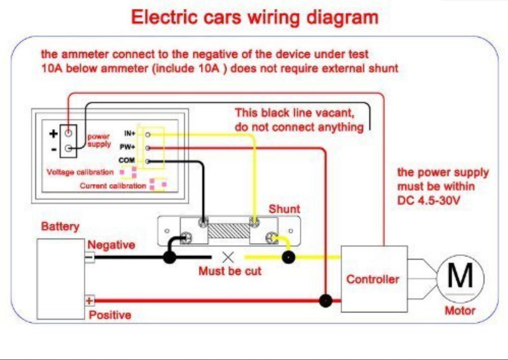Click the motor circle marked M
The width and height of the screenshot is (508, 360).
[x=460, y=277]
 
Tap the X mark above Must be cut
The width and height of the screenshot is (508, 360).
[x=228, y=257]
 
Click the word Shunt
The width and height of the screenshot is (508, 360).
[x=284, y=209]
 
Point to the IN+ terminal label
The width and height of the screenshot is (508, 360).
[x=129, y=134]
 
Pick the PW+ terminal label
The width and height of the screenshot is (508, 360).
[x=128, y=147]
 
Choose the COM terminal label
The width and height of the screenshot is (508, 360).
[x=127, y=161]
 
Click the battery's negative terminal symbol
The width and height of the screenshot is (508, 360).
[x=89, y=257]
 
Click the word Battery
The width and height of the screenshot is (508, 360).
[x=60, y=227]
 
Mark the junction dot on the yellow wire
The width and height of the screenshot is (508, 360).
[x=288, y=257]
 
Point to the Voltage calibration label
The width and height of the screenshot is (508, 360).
[x=80, y=172]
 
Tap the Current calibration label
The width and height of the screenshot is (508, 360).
[x=113, y=186]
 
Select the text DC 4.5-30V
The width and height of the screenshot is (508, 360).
[x=429, y=200]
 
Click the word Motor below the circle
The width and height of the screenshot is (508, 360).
[x=460, y=311]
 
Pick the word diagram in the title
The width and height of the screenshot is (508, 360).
[x=342, y=18]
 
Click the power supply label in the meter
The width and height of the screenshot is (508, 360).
[x=99, y=140]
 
